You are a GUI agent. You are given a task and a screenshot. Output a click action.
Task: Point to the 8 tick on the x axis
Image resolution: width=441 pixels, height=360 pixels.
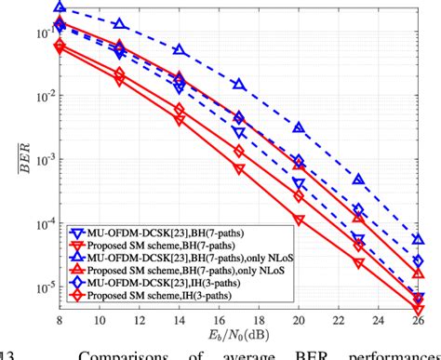60,317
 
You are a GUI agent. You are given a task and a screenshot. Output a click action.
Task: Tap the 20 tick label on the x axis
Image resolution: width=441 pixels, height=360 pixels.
299,317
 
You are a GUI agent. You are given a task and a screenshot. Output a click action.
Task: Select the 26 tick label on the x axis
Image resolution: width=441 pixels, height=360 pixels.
418,317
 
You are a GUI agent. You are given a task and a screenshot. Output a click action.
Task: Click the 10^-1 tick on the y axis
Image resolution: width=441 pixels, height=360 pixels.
42,33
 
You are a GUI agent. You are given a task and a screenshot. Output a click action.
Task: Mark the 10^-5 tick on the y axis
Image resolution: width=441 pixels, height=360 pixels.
42,287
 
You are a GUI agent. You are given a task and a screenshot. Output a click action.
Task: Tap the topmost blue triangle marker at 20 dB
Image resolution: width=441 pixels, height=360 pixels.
299,127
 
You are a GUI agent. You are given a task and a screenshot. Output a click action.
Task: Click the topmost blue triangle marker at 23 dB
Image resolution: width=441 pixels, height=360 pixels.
358,179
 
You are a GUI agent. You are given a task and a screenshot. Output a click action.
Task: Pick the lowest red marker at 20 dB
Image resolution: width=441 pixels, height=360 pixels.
299,220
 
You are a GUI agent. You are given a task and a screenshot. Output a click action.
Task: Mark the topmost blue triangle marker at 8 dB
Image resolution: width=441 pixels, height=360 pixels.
60,7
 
